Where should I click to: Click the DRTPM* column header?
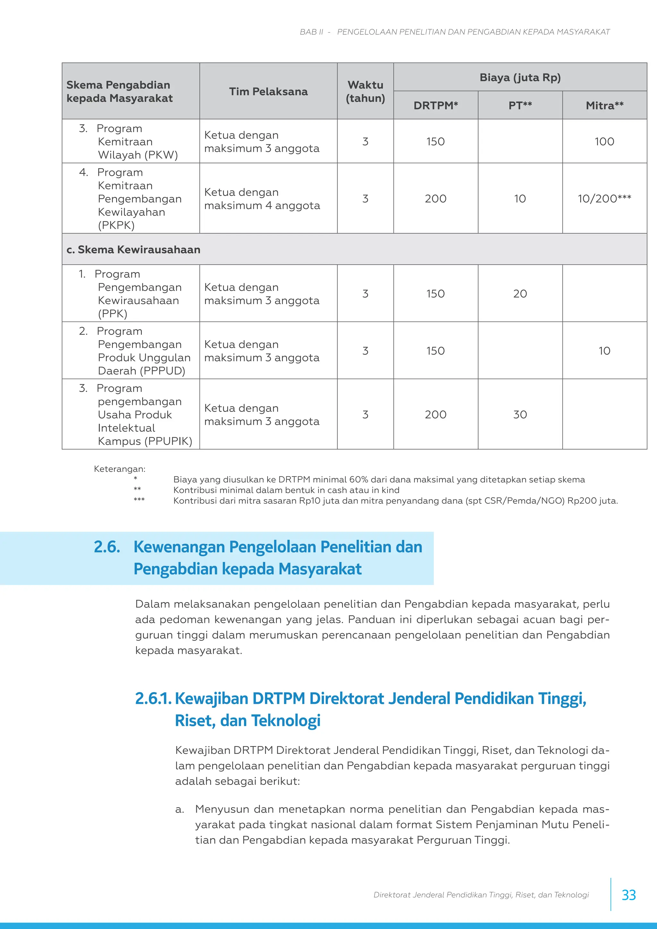click(435, 106)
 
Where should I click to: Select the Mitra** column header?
click(604, 106)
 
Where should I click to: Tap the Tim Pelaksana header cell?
click(268, 92)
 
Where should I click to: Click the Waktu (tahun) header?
click(365, 91)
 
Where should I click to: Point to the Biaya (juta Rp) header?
click(520, 78)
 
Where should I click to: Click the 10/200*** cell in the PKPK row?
click(604, 199)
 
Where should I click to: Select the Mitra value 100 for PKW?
click(604, 141)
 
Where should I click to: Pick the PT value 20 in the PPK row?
click(520, 294)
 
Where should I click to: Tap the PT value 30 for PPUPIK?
click(520, 414)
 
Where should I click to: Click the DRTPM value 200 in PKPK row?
click(435, 199)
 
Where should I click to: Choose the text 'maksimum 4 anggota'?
click(262, 206)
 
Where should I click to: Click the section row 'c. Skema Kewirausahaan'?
click(133, 250)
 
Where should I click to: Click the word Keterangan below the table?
click(119, 469)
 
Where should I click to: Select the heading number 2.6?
click(107, 547)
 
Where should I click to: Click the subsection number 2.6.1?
click(153, 698)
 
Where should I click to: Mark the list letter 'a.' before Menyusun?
click(180, 809)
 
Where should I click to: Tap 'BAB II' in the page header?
click(311, 32)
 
